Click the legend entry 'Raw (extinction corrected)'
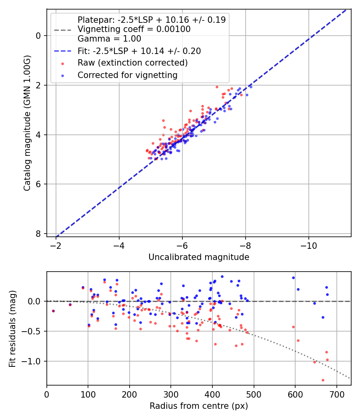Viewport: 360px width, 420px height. click(x=132, y=63)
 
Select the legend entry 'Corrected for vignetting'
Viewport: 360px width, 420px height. click(x=127, y=75)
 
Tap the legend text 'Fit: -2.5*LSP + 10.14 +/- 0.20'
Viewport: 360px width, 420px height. click(x=139, y=51)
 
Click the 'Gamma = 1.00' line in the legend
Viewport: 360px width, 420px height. click(x=109, y=39)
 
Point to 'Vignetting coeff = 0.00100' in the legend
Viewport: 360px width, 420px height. click(x=134, y=29)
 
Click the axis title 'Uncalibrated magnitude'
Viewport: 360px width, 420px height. click(x=199, y=257)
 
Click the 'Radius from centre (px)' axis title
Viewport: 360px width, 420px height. click(x=199, y=406)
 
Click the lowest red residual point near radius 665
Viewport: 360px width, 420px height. click(x=323, y=380)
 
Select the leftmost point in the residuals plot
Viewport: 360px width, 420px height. click(x=53, y=311)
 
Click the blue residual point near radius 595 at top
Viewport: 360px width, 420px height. click(x=293, y=278)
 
